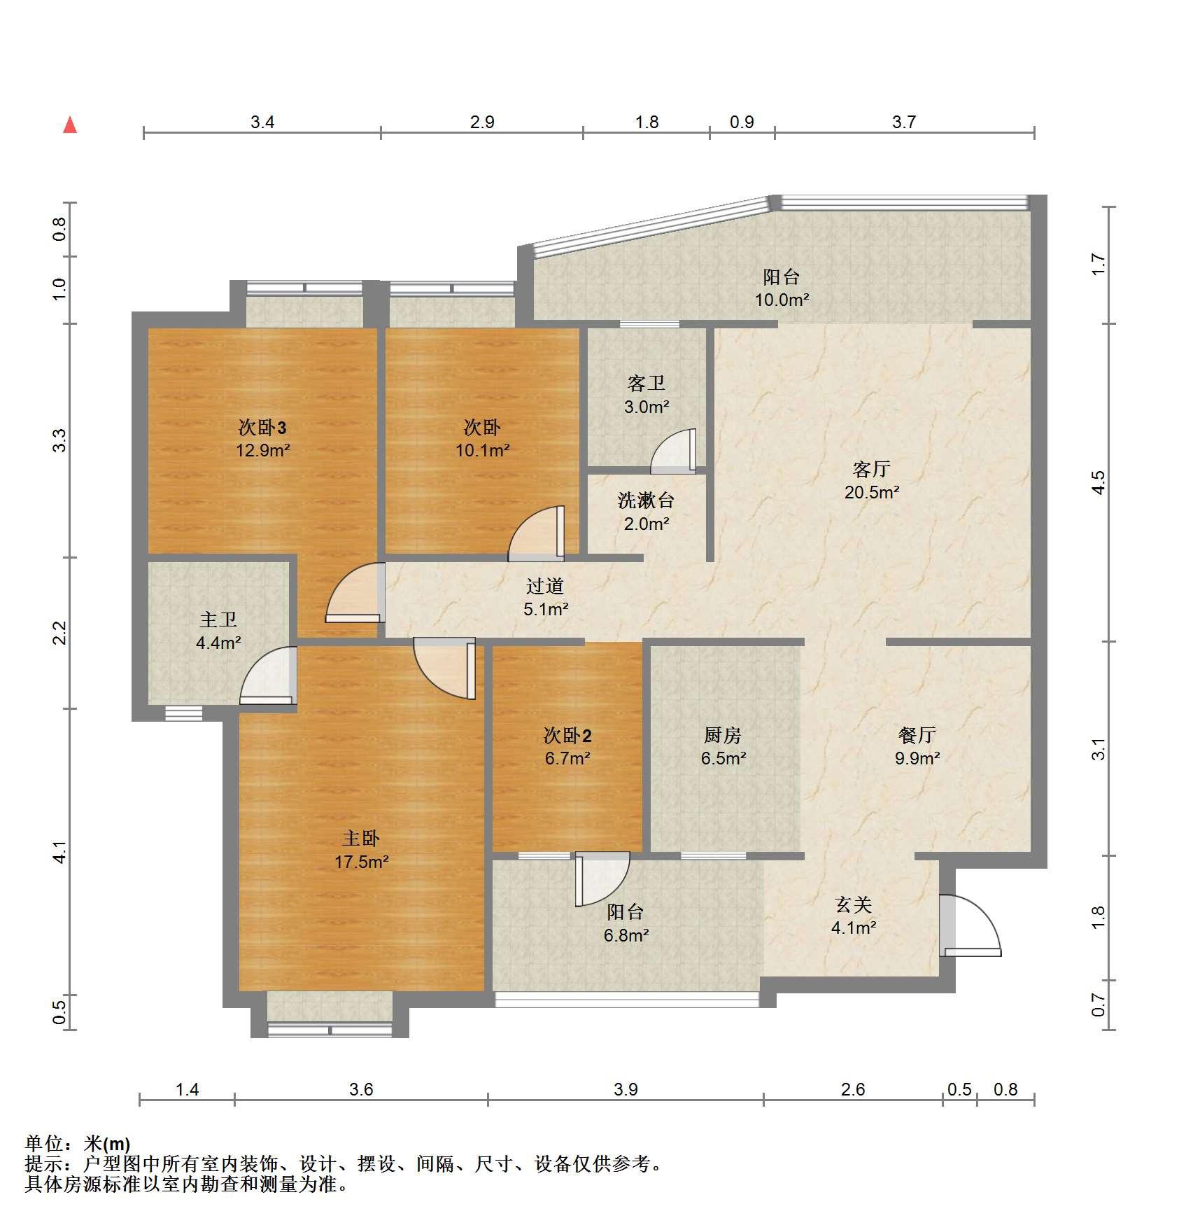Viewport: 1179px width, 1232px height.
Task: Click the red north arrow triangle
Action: pyautogui.click(x=70, y=125)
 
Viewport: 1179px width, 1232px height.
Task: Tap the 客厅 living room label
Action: pyautogui.click(x=871, y=469)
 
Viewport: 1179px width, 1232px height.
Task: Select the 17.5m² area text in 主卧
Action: pyautogui.click(x=361, y=862)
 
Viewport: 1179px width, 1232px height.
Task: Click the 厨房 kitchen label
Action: pyautogui.click(x=722, y=735)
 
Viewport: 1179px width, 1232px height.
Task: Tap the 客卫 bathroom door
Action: pyautogui.click(x=674, y=451)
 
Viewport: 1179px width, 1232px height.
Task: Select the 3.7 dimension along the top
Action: pyautogui.click(x=904, y=122)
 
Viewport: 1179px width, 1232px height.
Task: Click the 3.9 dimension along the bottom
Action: pyautogui.click(x=626, y=1089)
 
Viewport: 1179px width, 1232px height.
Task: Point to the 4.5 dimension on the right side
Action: pyautogui.click(x=1099, y=483)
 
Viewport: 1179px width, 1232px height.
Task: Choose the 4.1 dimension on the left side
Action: pyautogui.click(x=60, y=851)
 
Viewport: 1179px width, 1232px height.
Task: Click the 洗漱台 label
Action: pyautogui.click(x=646, y=500)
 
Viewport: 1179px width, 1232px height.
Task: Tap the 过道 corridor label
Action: pyautogui.click(x=544, y=586)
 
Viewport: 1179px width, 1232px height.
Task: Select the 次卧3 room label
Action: pyautogui.click(x=262, y=427)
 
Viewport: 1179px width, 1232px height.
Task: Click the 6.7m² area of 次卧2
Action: pyautogui.click(x=567, y=758)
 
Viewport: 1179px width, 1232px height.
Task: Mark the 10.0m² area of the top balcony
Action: pyautogui.click(x=782, y=300)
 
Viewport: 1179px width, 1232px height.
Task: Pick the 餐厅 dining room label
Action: pyautogui.click(x=917, y=735)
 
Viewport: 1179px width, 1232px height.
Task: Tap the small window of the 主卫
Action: pyautogui.click(x=184, y=713)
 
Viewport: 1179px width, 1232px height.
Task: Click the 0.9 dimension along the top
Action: pyautogui.click(x=742, y=122)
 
